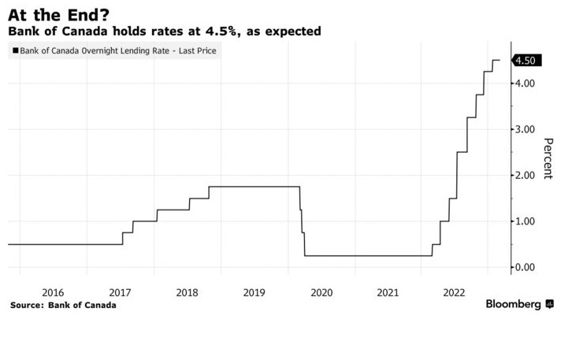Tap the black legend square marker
(15, 51)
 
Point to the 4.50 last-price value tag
(526, 60)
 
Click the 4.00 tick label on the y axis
(526, 84)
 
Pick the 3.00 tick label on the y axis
(526, 129)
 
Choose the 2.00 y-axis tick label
(526, 176)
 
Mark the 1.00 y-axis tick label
(526, 221)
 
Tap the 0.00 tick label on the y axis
(526, 268)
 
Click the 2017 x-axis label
(119, 292)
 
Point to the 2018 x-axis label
(187, 292)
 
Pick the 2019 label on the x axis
(254, 292)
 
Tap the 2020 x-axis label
(321, 292)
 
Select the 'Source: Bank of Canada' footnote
(63, 305)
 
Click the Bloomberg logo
(514, 304)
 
